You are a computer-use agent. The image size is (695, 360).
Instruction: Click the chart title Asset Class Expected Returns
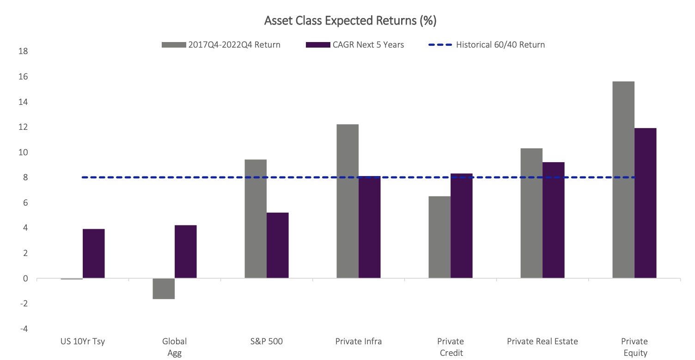350,21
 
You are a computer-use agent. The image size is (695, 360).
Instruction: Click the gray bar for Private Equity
623,180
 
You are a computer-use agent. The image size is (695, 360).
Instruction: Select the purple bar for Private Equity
645,203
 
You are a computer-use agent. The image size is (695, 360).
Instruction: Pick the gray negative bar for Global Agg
164,289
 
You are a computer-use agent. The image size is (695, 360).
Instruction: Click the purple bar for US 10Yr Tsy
94,254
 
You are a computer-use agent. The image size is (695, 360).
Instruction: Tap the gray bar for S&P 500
256,219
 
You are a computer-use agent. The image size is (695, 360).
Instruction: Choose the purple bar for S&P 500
277,245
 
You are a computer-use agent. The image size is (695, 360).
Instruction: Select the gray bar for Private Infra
347,201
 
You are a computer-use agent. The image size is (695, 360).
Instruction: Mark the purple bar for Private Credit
461,226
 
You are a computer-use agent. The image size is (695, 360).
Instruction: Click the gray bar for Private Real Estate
531,214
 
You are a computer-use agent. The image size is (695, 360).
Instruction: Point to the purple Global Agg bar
185,252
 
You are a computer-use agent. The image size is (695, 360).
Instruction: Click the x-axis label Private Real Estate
542,342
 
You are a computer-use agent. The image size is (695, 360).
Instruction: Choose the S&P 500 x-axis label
267,342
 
